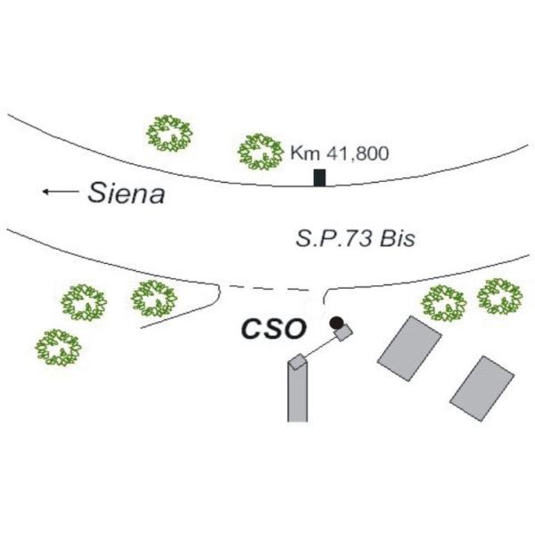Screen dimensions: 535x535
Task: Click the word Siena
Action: pyautogui.click(x=127, y=193)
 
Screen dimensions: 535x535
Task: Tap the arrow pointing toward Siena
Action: pyautogui.click(x=61, y=192)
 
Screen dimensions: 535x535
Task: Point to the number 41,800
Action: pyautogui.click(x=358, y=153)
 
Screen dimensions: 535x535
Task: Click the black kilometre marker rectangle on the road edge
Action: pyautogui.click(x=320, y=177)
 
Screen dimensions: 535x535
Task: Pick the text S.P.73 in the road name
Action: pyautogui.click(x=333, y=238)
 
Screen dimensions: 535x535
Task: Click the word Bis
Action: pyautogui.click(x=398, y=238)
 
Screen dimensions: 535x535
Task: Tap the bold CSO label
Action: pyautogui.click(x=274, y=329)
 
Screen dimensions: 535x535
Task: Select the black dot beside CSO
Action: pyautogui.click(x=336, y=323)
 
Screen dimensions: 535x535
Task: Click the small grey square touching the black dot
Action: pyautogui.click(x=343, y=332)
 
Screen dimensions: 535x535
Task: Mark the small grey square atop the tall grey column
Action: pyautogui.click(x=297, y=362)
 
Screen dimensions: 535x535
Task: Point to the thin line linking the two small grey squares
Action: pyautogui.click(x=320, y=348)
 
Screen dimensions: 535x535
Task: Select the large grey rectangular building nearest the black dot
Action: pyautogui.click(x=409, y=349)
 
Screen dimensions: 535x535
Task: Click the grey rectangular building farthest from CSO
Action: pyautogui.click(x=481, y=388)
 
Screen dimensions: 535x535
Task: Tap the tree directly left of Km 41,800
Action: pyautogui.click(x=260, y=152)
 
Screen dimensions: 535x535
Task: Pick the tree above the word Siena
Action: pyautogui.click(x=169, y=134)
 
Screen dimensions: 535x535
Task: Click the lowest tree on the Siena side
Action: pyautogui.click(x=58, y=348)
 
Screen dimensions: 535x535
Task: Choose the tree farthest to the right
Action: pyautogui.click(x=500, y=296)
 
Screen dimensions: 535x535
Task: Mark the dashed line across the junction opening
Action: pyautogui.click(x=269, y=288)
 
